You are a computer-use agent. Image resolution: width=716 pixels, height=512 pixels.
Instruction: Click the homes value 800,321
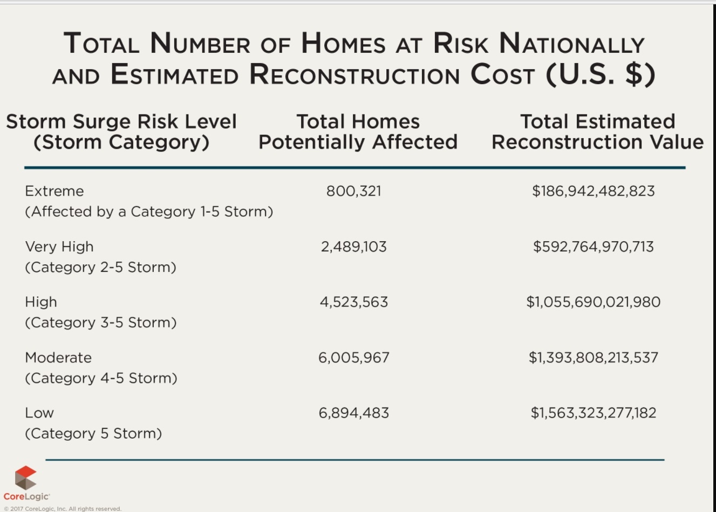coord(353,191)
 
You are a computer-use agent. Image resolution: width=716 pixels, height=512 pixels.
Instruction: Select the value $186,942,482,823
coord(593,191)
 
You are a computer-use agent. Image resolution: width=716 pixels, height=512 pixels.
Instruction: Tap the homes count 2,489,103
coord(353,247)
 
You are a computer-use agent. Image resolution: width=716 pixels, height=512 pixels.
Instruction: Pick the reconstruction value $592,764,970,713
coord(593,247)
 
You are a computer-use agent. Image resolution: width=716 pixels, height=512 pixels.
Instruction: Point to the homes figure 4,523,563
coord(353,302)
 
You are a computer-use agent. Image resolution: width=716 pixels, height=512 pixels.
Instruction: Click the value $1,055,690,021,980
coord(593,302)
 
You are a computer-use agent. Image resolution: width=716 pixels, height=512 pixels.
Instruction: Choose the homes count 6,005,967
coord(353,358)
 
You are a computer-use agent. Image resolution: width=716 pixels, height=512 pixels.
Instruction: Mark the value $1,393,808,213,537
coord(593,358)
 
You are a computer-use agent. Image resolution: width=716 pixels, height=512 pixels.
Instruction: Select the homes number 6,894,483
coord(353,413)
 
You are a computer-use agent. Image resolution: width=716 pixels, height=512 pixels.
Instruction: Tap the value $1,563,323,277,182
coord(593,413)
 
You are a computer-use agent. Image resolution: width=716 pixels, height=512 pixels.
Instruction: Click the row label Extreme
coord(54,191)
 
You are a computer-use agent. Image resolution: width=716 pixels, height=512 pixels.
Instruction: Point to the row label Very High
coord(59,247)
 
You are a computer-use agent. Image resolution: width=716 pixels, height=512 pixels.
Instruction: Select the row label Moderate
coord(58,358)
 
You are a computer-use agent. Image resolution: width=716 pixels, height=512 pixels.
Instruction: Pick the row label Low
coord(39,413)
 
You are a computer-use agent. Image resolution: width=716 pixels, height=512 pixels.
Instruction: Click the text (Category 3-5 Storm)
coord(100,323)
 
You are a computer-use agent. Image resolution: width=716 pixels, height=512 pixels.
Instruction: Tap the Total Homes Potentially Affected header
coord(358,132)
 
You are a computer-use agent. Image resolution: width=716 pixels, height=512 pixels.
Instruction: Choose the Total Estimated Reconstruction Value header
coord(597,132)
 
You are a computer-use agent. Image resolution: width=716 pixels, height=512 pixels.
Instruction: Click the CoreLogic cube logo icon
coord(25,477)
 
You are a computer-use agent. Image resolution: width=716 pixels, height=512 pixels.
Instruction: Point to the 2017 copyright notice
coord(63,508)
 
